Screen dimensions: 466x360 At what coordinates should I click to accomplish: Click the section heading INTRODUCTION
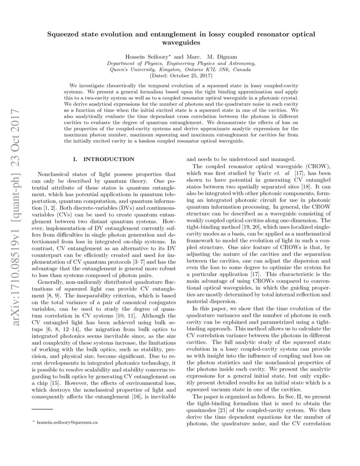(109, 159)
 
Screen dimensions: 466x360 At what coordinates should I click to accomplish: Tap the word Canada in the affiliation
(241, 69)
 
